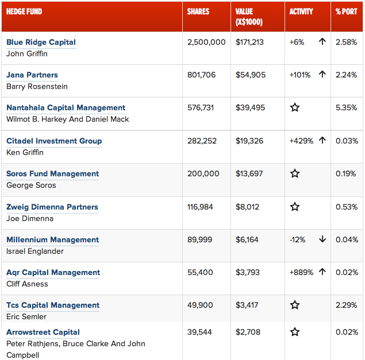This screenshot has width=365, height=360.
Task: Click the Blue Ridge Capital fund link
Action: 41,42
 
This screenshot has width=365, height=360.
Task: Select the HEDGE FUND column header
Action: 24,11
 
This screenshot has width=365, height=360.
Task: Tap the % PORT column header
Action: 346,11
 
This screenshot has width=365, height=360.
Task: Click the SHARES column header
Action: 198,11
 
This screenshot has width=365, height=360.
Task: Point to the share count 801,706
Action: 202,75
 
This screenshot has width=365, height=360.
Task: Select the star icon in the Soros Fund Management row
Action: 295,174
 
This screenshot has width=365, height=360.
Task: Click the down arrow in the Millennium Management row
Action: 322,239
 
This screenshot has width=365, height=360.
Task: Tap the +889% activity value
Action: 301,273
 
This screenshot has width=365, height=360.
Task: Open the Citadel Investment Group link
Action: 54,141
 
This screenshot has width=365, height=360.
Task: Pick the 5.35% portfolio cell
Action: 347,108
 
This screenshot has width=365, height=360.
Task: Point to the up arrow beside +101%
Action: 322,75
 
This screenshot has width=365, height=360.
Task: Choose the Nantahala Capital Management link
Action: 66,108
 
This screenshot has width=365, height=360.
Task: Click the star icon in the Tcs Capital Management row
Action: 295,305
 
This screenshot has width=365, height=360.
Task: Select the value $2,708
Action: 248,332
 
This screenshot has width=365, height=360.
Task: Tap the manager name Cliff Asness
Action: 27,284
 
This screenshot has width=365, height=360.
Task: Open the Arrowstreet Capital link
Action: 43,332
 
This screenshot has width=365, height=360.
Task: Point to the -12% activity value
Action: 297,240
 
